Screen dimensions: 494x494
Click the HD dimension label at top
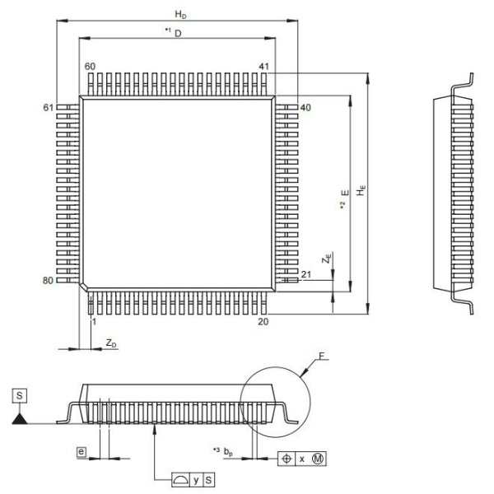click(180, 15)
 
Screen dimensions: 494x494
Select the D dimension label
click(178, 34)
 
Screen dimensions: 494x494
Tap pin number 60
click(90, 67)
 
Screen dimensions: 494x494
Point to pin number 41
click(264, 67)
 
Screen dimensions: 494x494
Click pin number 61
click(49, 108)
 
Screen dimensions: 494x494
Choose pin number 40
click(305, 108)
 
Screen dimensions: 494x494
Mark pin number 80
click(48, 281)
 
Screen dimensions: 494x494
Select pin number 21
click(306, 275)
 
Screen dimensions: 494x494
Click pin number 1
click(94, 322)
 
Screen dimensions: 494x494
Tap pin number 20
click(263, 322)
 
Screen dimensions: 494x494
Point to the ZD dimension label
click(111, 343)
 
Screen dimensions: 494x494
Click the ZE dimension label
click(327, 259)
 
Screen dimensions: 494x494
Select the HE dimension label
click(361, 190)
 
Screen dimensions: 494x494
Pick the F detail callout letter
click(321, 357)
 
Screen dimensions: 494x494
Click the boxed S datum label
click(20, 396)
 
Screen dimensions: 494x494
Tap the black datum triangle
click(20, 420)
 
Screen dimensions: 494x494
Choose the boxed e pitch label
click(82, 452)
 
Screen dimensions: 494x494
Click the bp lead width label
click(228, 452)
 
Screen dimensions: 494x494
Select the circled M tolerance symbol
click(318, 459)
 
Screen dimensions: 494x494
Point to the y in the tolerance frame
click(196, 481)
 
